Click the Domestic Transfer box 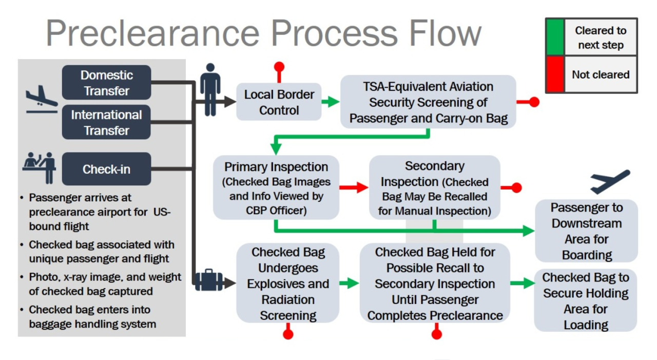tap(106, 82)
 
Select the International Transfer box tap(106, 122)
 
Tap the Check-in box tap(106, 168)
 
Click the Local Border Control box tap(279, 102)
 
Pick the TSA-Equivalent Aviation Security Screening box tap(428, 102)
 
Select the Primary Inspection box tap(276, 188)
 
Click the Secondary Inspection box tap(434, 188)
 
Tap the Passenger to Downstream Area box tap(586, 231)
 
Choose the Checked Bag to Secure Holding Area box tap(585, 300)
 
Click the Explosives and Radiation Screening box tap(287, 283)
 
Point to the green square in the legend tap(554, 37)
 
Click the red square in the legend tap(554, 74)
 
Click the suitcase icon tap(209, 280)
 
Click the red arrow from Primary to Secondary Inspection tap(354, 187)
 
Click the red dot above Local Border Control tap(279, 67)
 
